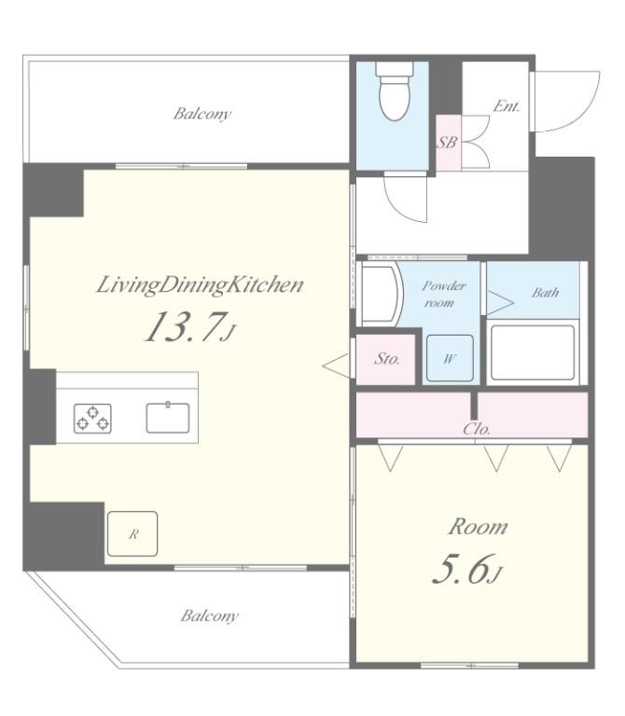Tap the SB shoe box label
[447, 143]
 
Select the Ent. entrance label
[506, 106]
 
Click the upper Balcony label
[201, 115]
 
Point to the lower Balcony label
[209, 616]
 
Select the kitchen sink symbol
[168, 417]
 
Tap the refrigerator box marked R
[132, 534]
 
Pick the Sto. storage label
[386, 359]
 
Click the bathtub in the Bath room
[532, 352]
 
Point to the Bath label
[545, 293]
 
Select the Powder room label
[442, 295]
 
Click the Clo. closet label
[477, 430]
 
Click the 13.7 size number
[184, 328]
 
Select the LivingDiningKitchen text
[200, 285]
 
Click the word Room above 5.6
[478, 527]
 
